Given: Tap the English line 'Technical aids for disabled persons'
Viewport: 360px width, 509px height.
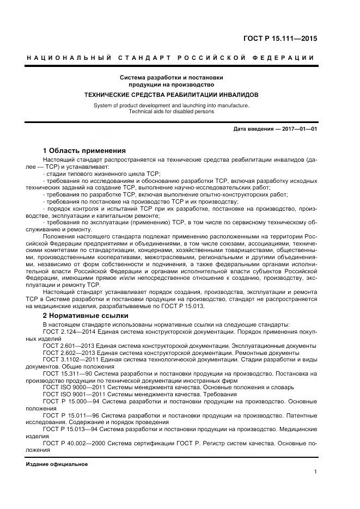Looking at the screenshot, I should point(172,111).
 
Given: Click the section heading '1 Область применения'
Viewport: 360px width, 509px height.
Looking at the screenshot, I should point(84,150).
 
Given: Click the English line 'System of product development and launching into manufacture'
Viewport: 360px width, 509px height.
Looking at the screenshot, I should point(172,105).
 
